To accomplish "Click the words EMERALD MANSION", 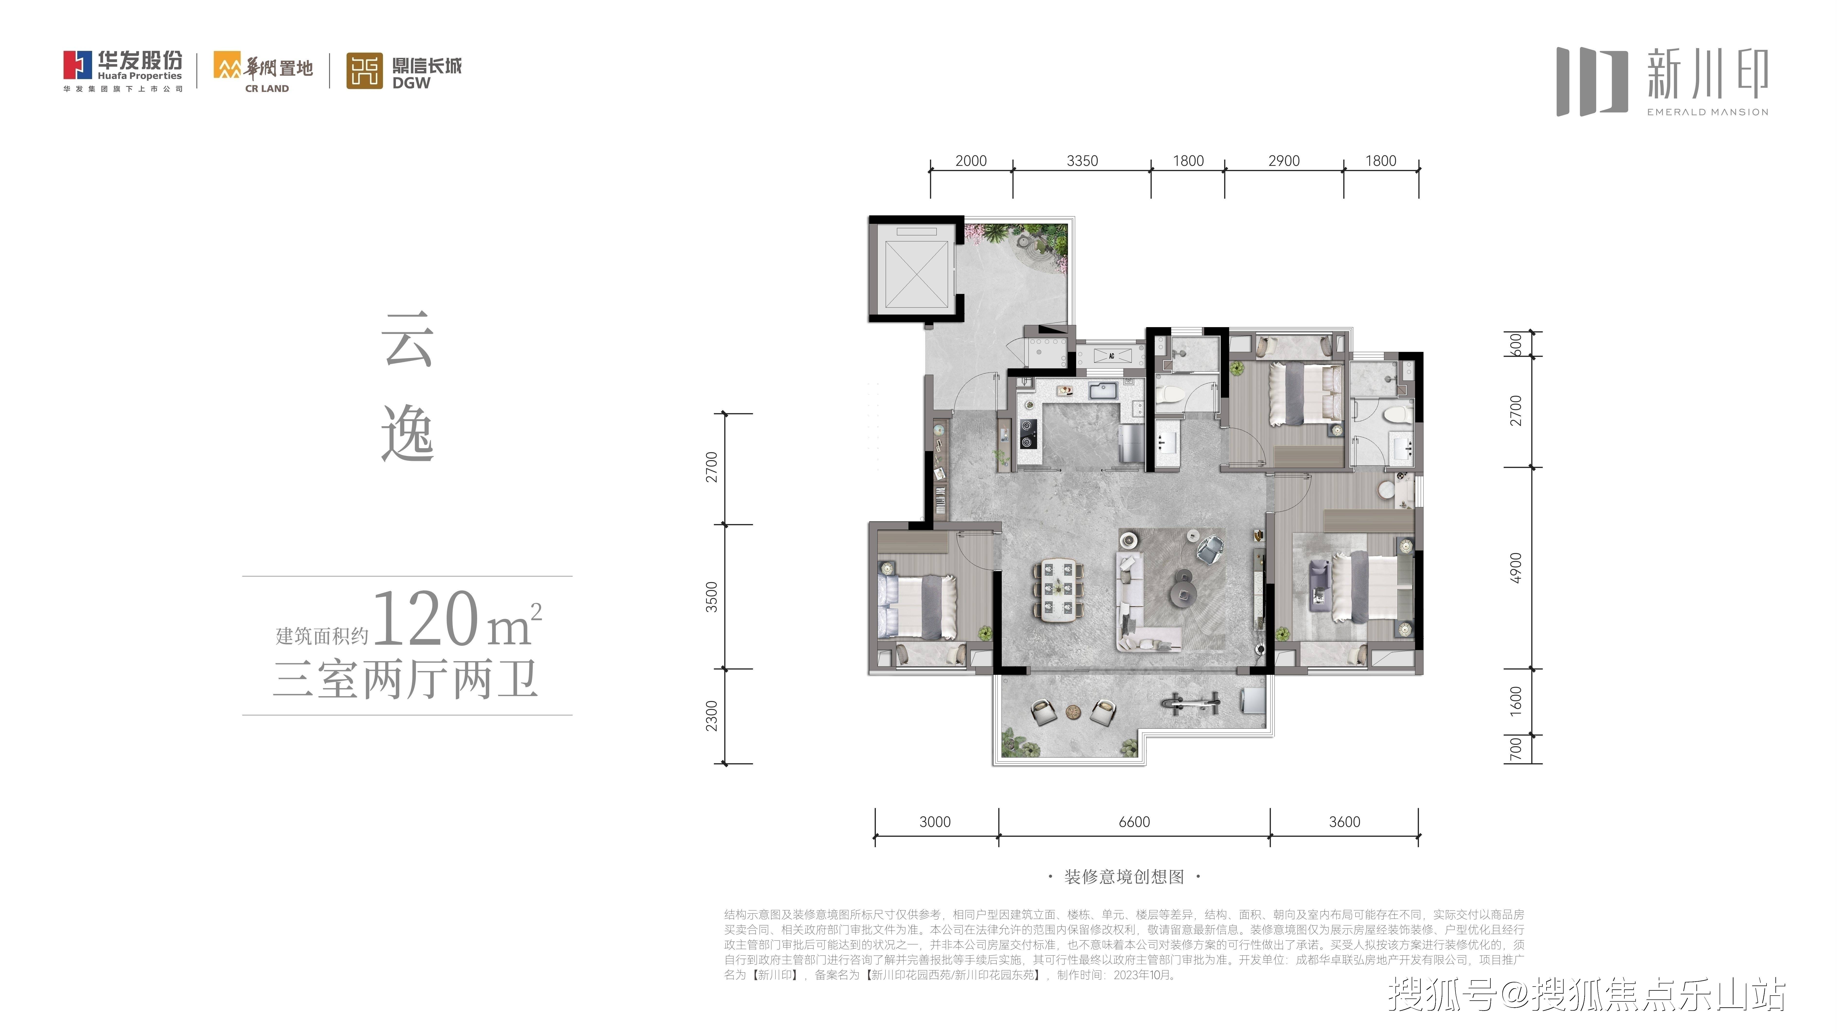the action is point(1707,112).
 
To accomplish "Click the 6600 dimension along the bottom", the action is point(1134,822).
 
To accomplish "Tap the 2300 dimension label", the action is point(711,716).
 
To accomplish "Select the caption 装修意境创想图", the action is point(1124,877).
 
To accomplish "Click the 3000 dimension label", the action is point(935,822).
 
